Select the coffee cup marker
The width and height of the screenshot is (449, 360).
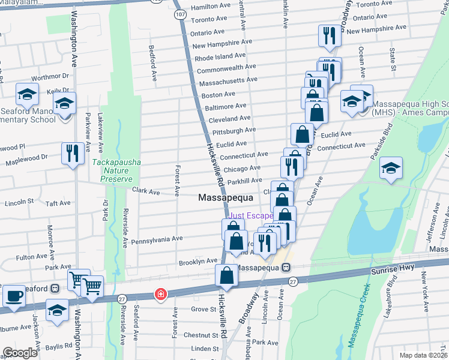tap(14, 295)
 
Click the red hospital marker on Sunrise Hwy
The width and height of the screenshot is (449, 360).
tap(160, 294)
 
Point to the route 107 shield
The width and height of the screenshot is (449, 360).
tap(179, 12)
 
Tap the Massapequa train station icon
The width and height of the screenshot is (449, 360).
tap(288, 268)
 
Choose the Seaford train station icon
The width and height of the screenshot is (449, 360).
tap(55, 289)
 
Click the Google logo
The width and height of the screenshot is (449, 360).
tap(20, 353)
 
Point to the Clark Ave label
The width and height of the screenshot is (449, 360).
tap(146, 192)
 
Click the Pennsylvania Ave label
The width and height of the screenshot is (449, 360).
tap(157, 239)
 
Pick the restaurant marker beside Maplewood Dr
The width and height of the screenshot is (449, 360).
tap(71, 153)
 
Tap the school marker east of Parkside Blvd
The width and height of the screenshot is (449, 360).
tap(391, 170)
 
